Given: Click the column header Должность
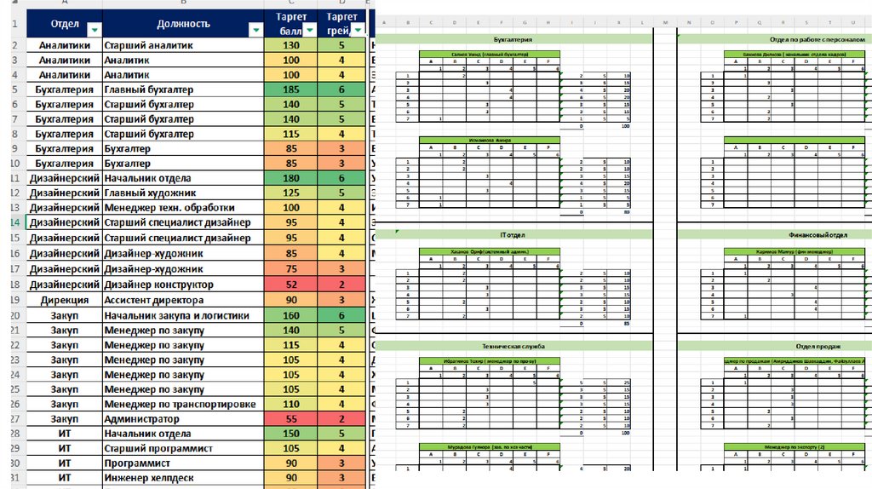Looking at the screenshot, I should tap(183, 23).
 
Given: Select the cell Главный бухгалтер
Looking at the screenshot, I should tap(148, 90).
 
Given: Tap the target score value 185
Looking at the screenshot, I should tap(290, 90).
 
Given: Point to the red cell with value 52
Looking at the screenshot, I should tap(290, 285).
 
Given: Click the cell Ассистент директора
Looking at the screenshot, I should tap(153, 300).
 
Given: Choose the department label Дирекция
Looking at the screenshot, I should tap(64, 300).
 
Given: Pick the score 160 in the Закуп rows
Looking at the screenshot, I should tap(290, 315).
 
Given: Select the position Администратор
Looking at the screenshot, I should tap(141, 419).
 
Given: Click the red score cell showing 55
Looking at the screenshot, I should tap(290, 419).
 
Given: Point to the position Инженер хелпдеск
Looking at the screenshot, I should tap(152, 479).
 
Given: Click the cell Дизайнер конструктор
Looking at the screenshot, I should tap(158, 285).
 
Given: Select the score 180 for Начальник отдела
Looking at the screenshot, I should tap(290, 179).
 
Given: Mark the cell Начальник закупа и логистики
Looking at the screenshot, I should tap(176, 315).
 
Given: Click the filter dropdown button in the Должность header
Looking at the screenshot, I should tap(255, 30).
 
